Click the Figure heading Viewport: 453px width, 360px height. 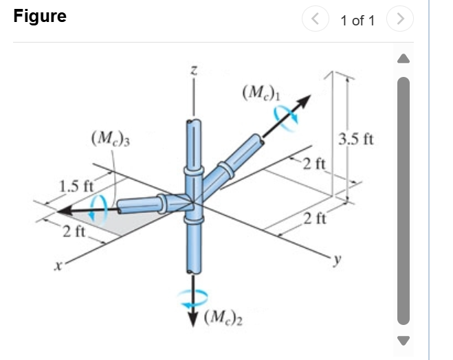pyautogui.click(x=40, y=16)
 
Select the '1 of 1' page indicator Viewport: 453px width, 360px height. pyautogui.click(x=357, y=21)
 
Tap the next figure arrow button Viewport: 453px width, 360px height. pyautogui.click(x=400, y=21)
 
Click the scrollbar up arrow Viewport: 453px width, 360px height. pyautogui.click(x=404, y=60)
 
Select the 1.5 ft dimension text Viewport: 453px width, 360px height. pyautogui.click(x=76, y=185)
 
